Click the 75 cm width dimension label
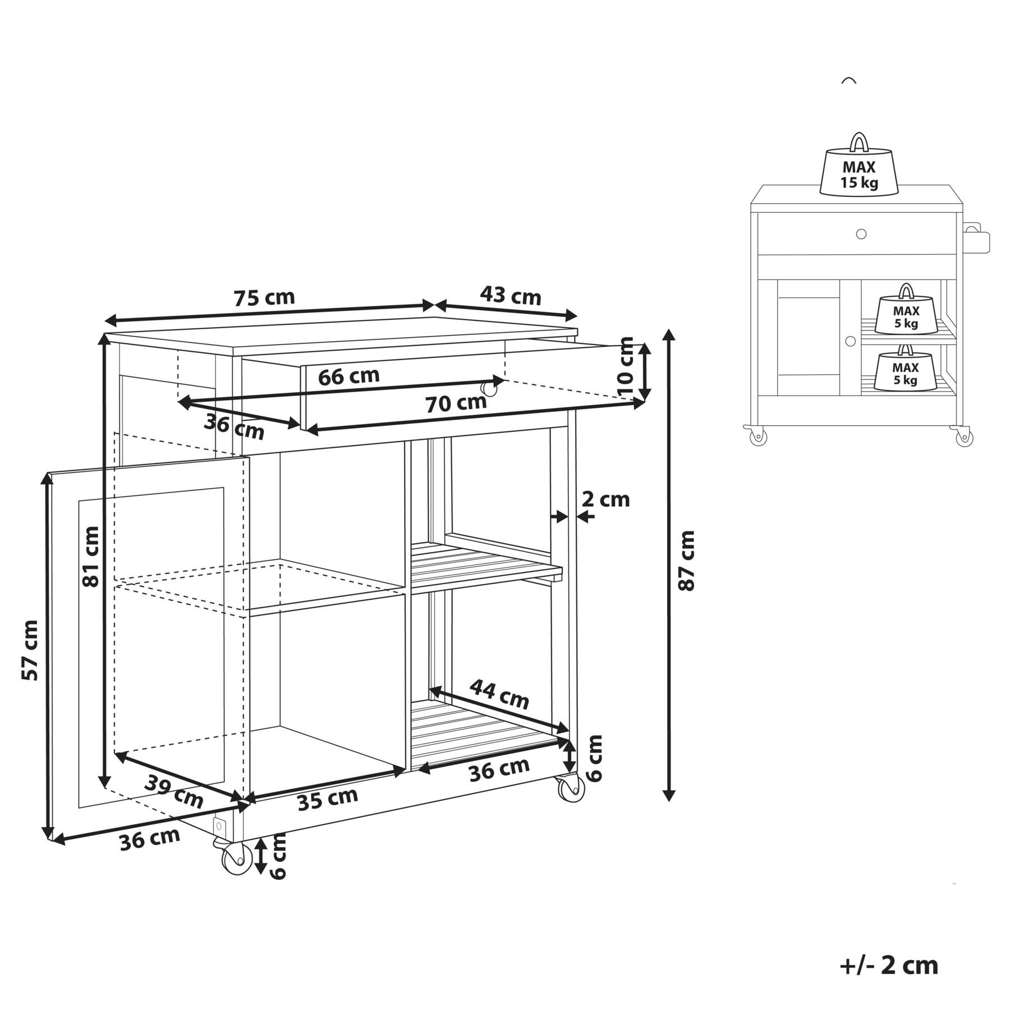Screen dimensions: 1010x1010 coord(264,297)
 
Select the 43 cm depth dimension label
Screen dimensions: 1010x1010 coord(511,295)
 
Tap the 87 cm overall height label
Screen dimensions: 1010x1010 coord(687,560)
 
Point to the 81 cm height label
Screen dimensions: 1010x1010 coord(90,556)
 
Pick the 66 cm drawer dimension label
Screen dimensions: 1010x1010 coord(348,375)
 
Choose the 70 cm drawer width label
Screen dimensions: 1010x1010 coord(456,403)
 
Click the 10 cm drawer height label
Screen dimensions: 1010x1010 coord(625,366)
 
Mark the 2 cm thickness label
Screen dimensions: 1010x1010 coord(606,499)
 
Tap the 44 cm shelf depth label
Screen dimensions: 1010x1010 coord(499,694)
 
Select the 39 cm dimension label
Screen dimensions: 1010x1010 coord(174,791)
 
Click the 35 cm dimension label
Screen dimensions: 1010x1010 coord(328,798)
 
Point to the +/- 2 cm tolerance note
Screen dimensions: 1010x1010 coord(889,965)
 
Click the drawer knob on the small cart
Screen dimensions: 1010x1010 coord(861,234)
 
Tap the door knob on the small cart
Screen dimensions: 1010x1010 coord(851,341)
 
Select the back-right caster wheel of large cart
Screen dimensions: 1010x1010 coord(571,788)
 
